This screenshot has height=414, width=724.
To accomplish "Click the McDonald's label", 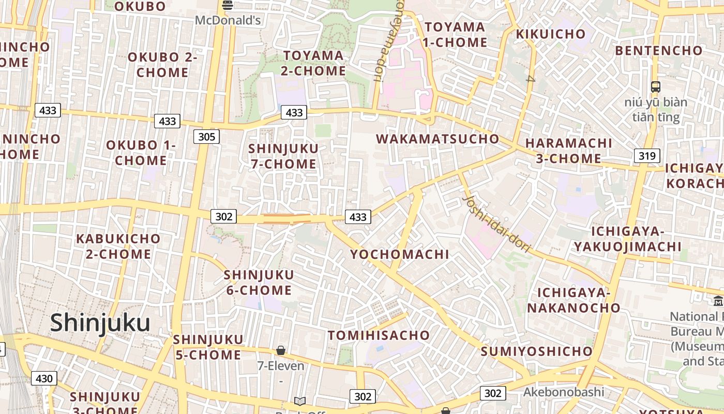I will (x=228, y=21).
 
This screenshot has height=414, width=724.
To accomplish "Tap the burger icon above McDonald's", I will (x=228, y=6).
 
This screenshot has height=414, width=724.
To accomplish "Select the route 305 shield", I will (x=207, y=137).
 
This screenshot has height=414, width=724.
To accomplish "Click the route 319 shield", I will (x=647, y=156).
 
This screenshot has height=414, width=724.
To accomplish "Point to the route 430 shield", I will (x=44, y=378).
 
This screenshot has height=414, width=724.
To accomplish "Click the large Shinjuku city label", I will (x=100, y=323).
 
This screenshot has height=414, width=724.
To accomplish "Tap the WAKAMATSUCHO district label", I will (x=438, y=139).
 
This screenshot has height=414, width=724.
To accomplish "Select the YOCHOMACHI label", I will (x=400, y=254).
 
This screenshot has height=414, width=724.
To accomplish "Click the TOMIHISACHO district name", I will (x=379, y=335).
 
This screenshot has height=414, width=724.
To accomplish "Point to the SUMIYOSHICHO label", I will (x=536, y=351).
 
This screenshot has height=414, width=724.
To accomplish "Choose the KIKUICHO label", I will (x=551, y=34).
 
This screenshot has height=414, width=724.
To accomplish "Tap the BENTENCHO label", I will (x=659, y=50).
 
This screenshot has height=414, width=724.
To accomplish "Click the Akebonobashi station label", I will (x=563, y=392).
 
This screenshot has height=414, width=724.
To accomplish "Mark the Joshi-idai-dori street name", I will (x=496, y=223).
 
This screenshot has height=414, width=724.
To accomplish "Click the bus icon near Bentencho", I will (x=656, y=86).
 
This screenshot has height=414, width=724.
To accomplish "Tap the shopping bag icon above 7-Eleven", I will (x=281, y=350).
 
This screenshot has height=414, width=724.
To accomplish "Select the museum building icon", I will (x=718, y=300).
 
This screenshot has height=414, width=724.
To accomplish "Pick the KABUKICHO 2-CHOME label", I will (x=118, y=246).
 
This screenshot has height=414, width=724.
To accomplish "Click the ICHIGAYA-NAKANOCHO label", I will (x=574, y=300).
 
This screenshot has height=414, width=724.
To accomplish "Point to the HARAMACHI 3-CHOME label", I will (x=568, y=151).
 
